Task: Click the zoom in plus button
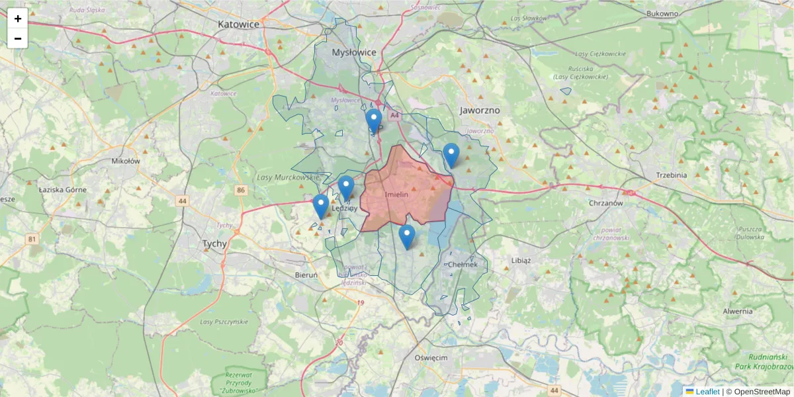18,19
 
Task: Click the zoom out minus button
18,38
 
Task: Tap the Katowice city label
238,23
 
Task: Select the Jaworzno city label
480,110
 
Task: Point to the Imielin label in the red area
397,194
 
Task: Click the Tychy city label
214,243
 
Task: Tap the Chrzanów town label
607,203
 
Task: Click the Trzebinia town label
672,175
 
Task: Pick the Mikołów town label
126,160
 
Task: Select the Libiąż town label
521,260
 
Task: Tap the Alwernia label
737,311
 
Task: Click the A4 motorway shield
395,115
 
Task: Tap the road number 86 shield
241,191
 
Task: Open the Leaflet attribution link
707,392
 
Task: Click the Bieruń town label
306,275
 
